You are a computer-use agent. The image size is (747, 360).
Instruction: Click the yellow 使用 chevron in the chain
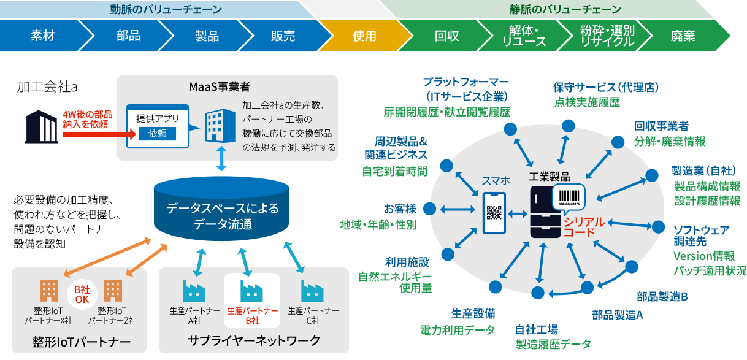[364, 36]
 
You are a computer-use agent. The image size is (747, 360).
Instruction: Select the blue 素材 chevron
[43, 36]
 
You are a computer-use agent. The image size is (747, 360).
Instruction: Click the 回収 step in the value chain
[446, 36]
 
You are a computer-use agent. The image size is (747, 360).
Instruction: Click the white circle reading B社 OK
[82, 294]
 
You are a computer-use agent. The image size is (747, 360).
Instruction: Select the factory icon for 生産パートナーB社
[251, 290]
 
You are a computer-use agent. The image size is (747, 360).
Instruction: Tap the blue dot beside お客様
[430, 209]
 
